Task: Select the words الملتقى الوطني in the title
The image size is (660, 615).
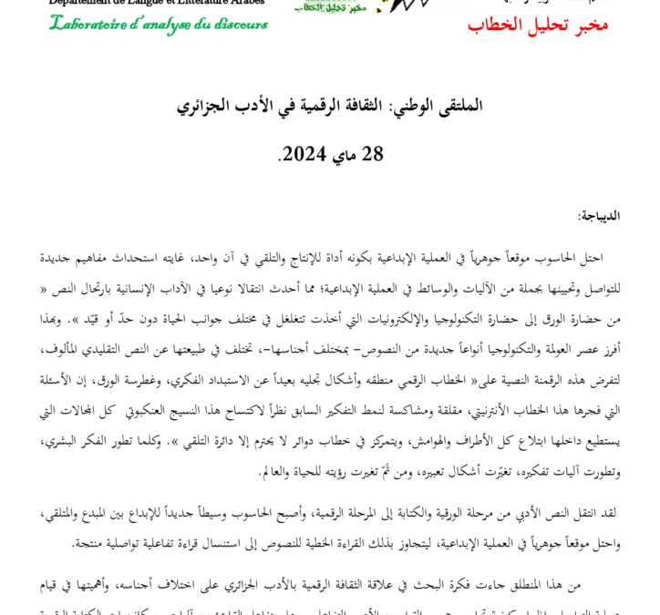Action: [x=437, y=106]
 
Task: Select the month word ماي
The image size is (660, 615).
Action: [x=344, y=154]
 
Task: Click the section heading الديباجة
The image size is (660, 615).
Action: [x=598, y=216]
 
